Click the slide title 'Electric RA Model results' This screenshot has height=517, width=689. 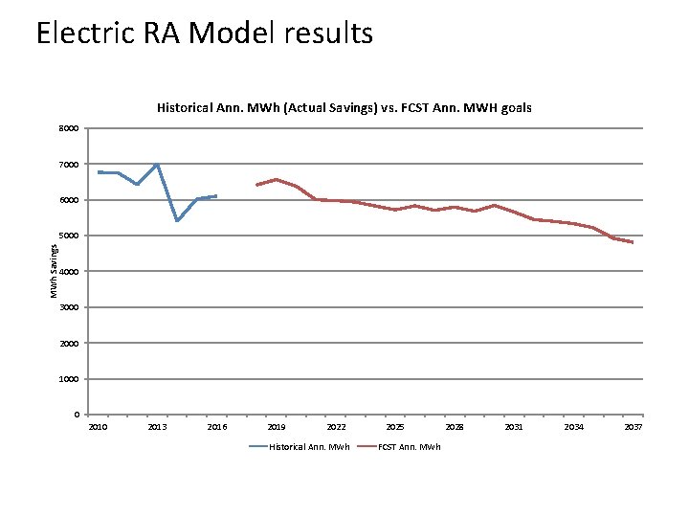(x=204, y=34)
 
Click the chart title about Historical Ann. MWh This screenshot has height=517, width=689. (x=344, y=108)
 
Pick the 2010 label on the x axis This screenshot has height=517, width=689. (x=99, y=427)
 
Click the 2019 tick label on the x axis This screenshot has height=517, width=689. (x=277, y=427)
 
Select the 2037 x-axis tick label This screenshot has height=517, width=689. (x=633, y=427)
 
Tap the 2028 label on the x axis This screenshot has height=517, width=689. (x=455, y=427)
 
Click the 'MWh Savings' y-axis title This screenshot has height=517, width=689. (x=55, y=271)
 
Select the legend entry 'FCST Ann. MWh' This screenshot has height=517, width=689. (x=410, y=447)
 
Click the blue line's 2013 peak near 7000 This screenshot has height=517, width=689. (x=157, y=165)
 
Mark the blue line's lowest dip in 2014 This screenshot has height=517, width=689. (x=177, y=221)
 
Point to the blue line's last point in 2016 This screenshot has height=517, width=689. (x=217, y=195)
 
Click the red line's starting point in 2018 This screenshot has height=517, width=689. (x=256, y=185)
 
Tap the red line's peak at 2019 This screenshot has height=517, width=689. (x=277, y=179)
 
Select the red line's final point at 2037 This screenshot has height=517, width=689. (x=633, y=243)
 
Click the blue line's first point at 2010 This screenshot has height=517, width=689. (x=99, y=172)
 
